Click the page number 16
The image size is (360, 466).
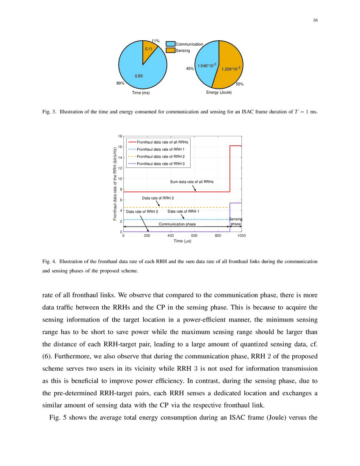point(316,20)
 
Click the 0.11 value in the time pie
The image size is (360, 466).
point(149,49)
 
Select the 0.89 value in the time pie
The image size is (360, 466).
point(138,76)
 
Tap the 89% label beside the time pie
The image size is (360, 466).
point(120,83)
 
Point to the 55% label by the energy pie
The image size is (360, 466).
point(240,84)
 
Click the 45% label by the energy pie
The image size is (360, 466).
point(190,69)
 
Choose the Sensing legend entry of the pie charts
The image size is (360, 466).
point(183,51)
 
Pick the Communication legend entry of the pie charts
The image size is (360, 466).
point(189,44)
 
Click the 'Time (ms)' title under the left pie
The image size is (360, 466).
point(141,92)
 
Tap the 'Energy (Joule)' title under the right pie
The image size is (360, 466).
point(219,92)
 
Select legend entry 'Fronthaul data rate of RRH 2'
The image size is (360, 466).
point(161,156)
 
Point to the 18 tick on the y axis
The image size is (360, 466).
point(120,136)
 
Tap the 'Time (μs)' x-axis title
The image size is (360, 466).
point(182,241)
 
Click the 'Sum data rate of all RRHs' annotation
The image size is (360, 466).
point(192,181)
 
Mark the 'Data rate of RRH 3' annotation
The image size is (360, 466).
point(142,211)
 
